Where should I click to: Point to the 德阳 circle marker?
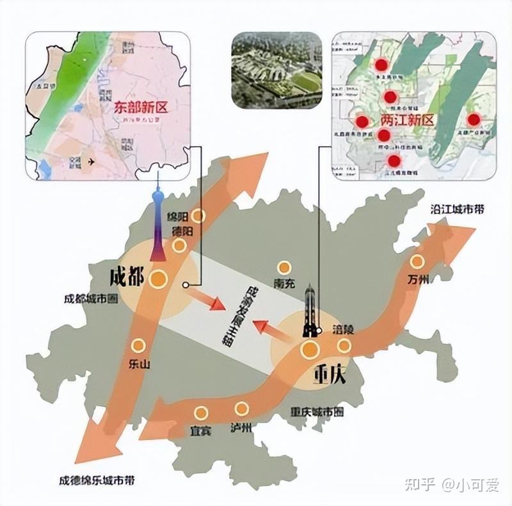(180, 245)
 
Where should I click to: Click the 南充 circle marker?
(284, 268)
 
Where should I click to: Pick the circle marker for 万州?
(417, 261)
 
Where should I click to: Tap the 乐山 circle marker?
(138, 345)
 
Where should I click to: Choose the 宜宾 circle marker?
(201, 413)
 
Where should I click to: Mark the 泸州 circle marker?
(241, 409)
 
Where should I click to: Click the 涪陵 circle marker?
(344, 346)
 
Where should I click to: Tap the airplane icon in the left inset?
(88, 161)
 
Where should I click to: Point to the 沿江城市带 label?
(457, 210)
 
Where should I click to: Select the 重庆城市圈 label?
(316, 412)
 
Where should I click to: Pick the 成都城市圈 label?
(90, 298)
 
